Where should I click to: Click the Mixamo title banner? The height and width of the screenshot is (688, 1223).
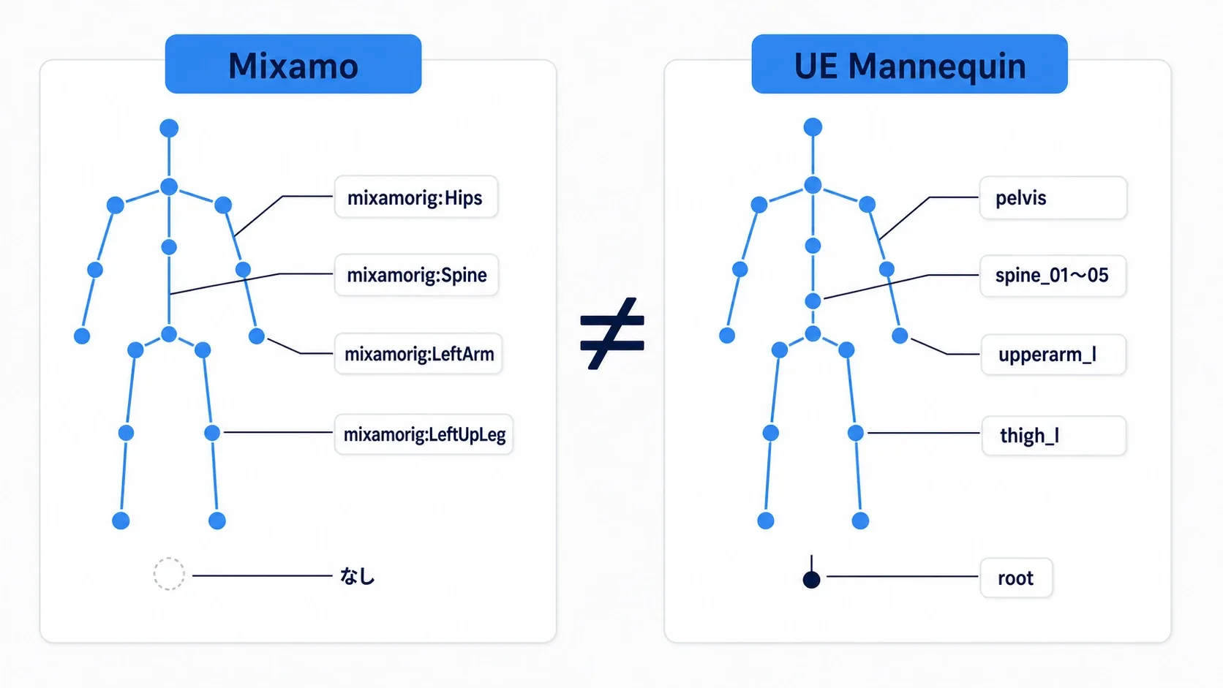pos(293,64)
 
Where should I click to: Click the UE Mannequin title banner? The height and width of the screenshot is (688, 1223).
pos(910,64)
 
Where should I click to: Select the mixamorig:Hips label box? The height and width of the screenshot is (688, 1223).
pos(416,197)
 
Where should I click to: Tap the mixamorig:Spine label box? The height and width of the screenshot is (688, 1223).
pos(417,275)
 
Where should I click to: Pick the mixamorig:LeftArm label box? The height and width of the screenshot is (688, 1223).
pos(418,354)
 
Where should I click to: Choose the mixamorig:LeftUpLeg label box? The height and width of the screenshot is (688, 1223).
pos(424,434)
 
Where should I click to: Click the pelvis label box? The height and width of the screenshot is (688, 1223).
pos(1053,197)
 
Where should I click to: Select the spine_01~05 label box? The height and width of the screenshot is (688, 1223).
pos(1053,276)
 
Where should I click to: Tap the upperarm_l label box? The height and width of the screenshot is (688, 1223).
pos(1054,355)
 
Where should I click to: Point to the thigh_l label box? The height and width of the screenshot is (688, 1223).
pos(1054,435)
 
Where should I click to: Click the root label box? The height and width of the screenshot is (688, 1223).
pos(1016,578)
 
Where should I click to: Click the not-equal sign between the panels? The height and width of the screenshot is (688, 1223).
pos(612,333)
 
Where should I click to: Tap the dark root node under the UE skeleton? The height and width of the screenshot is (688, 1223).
pos(811,579)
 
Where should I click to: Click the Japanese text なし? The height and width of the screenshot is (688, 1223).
pos(357,576)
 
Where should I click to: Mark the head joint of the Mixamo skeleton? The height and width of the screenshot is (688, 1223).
pos(169,128)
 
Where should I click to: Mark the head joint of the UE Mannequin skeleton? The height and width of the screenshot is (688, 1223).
pos(813,127)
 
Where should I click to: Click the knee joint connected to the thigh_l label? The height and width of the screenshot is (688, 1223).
pos(856,434)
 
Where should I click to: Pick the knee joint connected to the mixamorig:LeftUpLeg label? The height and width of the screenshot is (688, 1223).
pos(212,433)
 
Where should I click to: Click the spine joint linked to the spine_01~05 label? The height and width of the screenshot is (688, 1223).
pos(813,300)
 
